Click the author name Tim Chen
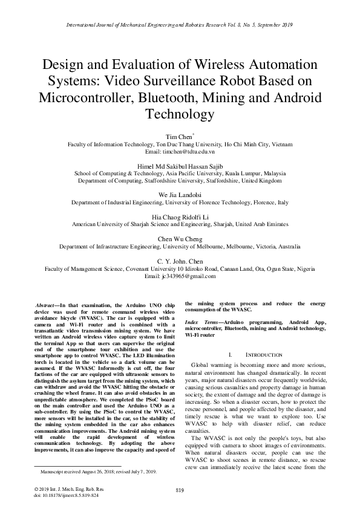178,137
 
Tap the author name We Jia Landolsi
180,194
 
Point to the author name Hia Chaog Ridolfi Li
180,215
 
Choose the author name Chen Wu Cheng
180,237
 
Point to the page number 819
180,489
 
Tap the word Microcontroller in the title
85,97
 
